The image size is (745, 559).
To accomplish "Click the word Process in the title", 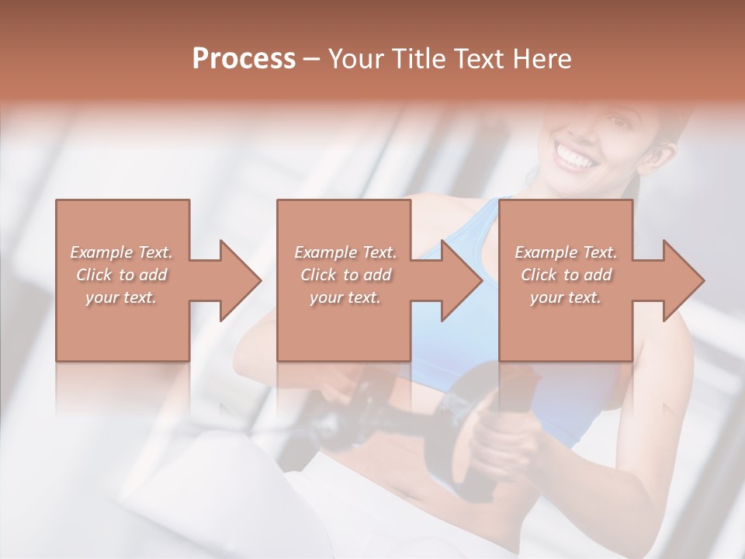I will tap(244, 59).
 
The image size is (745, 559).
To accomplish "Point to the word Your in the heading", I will tap(358, 59).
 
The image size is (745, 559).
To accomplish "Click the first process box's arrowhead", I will tap(237, 280).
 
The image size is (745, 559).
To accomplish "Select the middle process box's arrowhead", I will tap(459, 280).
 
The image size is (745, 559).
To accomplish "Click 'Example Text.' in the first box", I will tap(121, 252).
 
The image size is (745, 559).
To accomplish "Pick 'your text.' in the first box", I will tap(121, 297).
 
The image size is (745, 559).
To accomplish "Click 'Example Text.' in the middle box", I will tap(345, 252).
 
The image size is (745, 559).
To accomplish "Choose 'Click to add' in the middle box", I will tap(345, 275).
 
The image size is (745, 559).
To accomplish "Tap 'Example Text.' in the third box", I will tap(566, 252).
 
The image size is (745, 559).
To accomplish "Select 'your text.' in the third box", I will tap(566, 297).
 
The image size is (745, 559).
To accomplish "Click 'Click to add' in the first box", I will tap(121, 275).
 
